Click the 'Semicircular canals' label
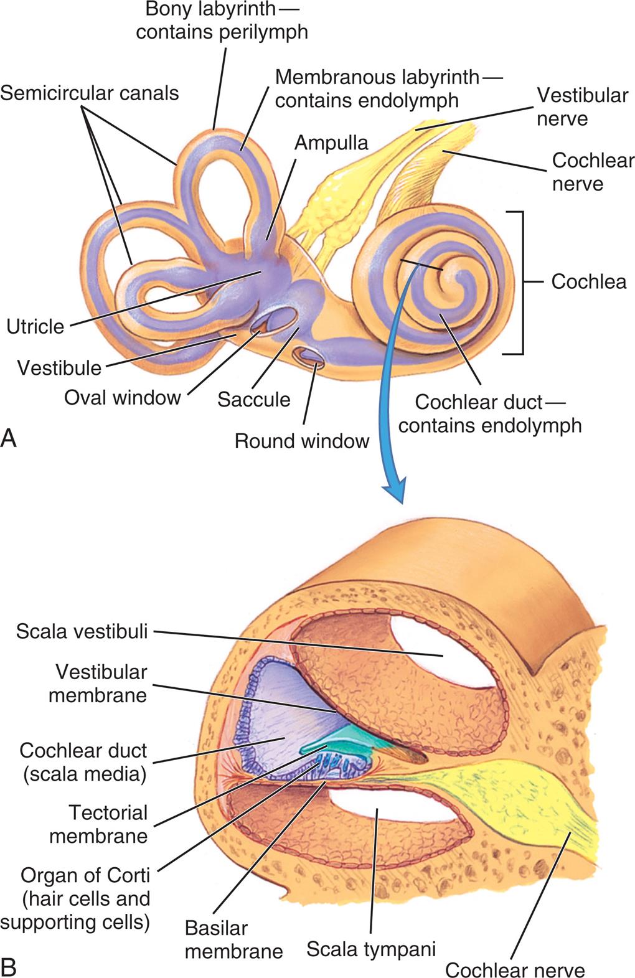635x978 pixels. click(x=90, y=93)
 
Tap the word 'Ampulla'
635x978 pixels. click(x=331, y=143)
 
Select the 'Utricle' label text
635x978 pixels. click(x=35, y=326)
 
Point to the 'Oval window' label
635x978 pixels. click(x=123, y=397)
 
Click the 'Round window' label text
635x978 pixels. click(x=302, y=441)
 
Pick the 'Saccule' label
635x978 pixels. click(x=254, y=399)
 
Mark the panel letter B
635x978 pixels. click(x=9, y=966)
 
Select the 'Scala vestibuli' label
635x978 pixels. click(x=82, y=632)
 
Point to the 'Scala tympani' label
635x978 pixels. click(x=371, y=949)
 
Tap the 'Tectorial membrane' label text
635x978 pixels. click(x=99, y=824)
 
